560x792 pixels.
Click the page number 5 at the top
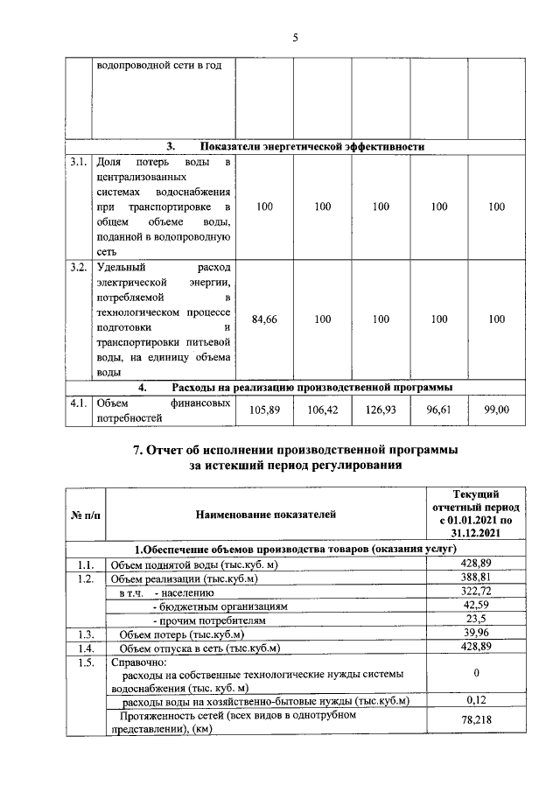point(295,37)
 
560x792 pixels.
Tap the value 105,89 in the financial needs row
point(264,410)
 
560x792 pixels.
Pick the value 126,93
point(381,410)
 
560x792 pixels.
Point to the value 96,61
point(438,410)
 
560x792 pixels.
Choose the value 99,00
point(496,410)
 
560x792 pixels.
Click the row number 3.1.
point(79,163)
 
